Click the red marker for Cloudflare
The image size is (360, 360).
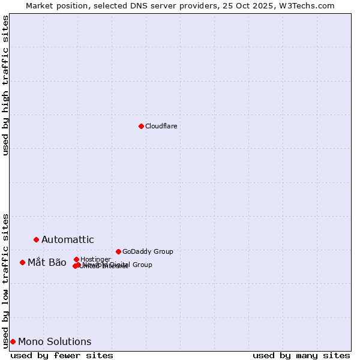pyautogui.click(x=141, y=126)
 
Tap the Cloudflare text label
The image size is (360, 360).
pyautogui.click(x=161, y=126)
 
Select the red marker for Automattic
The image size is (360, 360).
pyautogui.click(x=36, y=239)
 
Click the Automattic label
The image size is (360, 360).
pyautogui.click(x=67, y=240)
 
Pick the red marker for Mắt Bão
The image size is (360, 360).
pyautogui.click(x=22, y=262)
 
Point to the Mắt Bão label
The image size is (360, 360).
pyautogui.click(x=47, y=262)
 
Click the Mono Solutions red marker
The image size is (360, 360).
pyautogui.click(x=13, y=341)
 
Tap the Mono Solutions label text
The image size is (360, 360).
pyautogui.click(x=55, y=342)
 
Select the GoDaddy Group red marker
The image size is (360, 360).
pyautogui.click(x=118, y=251)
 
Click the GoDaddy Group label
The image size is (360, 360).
pyautogui.click(x=148, y=251)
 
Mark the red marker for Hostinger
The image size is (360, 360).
pyautogui.click(x=76, y=259)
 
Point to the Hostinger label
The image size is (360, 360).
pyautogui.click(x=95, y=259)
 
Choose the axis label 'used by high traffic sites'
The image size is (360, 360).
pyautogui.click(x=5, y=85)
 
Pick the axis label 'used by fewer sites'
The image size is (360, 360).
pyautogui.click(x=62, y=355)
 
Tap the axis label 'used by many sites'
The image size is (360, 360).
pyautogui.click(x=301, y=355)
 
